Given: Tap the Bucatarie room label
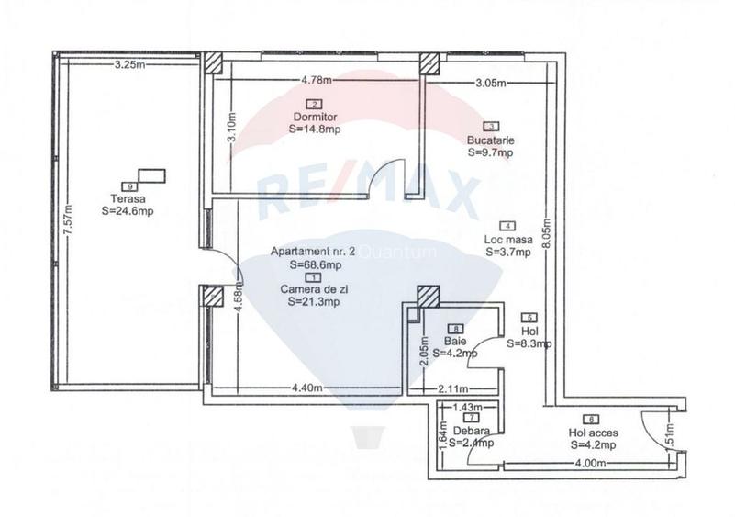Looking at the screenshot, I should tap(490, 140).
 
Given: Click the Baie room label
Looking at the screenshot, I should tap(456, 340).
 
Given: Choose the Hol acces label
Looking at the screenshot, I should tap(591, 433).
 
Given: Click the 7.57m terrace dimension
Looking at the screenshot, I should tap(65, 222).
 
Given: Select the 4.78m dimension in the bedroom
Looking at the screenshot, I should tap(316, 82).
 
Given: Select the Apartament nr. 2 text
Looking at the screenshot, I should tap(306, 252).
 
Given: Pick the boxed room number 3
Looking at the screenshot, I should tap(491, 127).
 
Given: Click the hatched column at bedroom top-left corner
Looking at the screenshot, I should tap(213, 62).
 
